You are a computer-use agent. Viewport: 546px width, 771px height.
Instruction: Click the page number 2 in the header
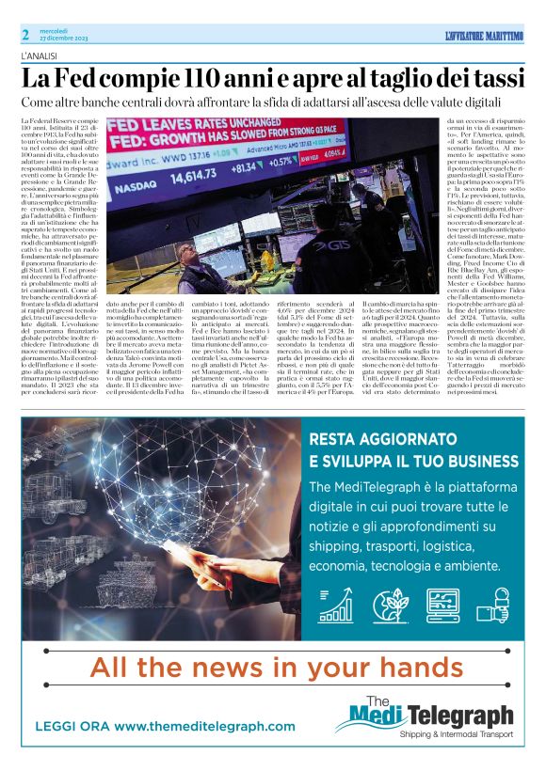[x=26, y=35]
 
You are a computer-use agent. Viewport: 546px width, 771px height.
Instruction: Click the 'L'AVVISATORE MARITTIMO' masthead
[x=483, y=36]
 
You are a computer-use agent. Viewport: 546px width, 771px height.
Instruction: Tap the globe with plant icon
[x=390, y=606]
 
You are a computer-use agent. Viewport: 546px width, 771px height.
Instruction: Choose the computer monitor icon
[x=442, y=606]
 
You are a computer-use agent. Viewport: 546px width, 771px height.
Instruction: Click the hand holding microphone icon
[x=495, y=606]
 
